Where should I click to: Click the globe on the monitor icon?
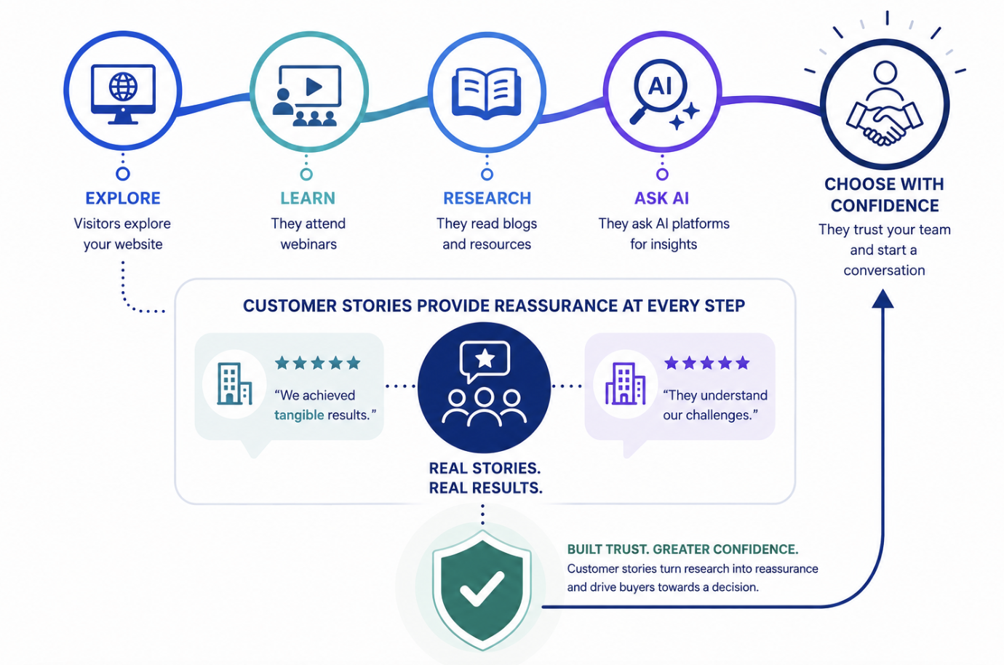pyautogui.click(x=123, y=87)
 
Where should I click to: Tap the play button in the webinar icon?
pyautogui.click(x=314, y=87)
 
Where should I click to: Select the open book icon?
pyautogui.click(x=487, y=94)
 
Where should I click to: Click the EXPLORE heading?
pyautogui.click(x=123, y=198)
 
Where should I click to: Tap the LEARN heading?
pyautogui.click(x=308, y=198)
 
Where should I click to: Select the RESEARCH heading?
pyautogui.click(x=487, y=198)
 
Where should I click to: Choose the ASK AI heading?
pyautogui.click(x=661, y=198)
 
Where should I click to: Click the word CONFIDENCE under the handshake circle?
pyautogui.click(x=885, y=206)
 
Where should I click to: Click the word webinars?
pyautogui.click(x=308, y=244)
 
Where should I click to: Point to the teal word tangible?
pyautogui.click(x=299, y=415)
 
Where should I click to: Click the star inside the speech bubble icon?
pyautogui.click(x=485, y=358)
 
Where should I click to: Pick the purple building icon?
pyautogui.click(x=625, y=383)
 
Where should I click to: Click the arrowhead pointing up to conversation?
pyautogui.click(x=883, y=298)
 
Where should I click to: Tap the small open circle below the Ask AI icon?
pyautogui.click(x=662, y=175)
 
